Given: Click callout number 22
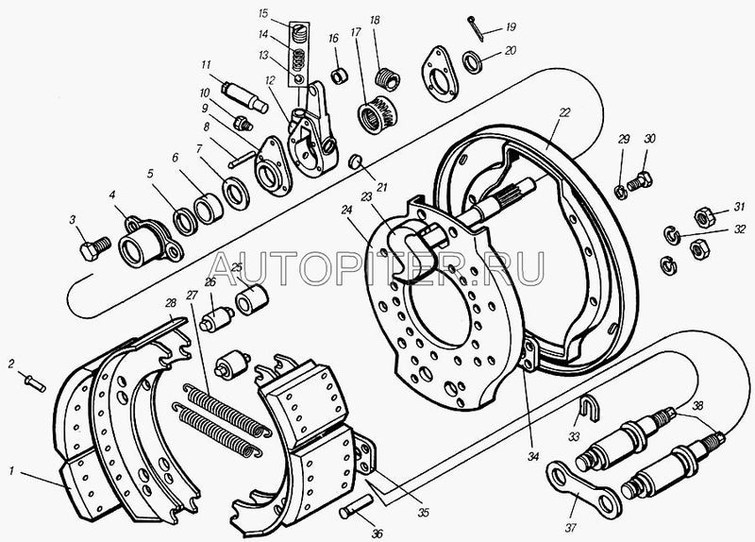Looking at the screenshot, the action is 564,112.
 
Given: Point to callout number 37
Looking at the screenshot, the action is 571,528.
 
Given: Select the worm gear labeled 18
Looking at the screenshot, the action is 388,78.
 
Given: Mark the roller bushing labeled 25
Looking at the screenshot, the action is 251,299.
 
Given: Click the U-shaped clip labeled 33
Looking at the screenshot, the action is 585,408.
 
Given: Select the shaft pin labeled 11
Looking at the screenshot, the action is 245,97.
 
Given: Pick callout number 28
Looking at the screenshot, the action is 171,302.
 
